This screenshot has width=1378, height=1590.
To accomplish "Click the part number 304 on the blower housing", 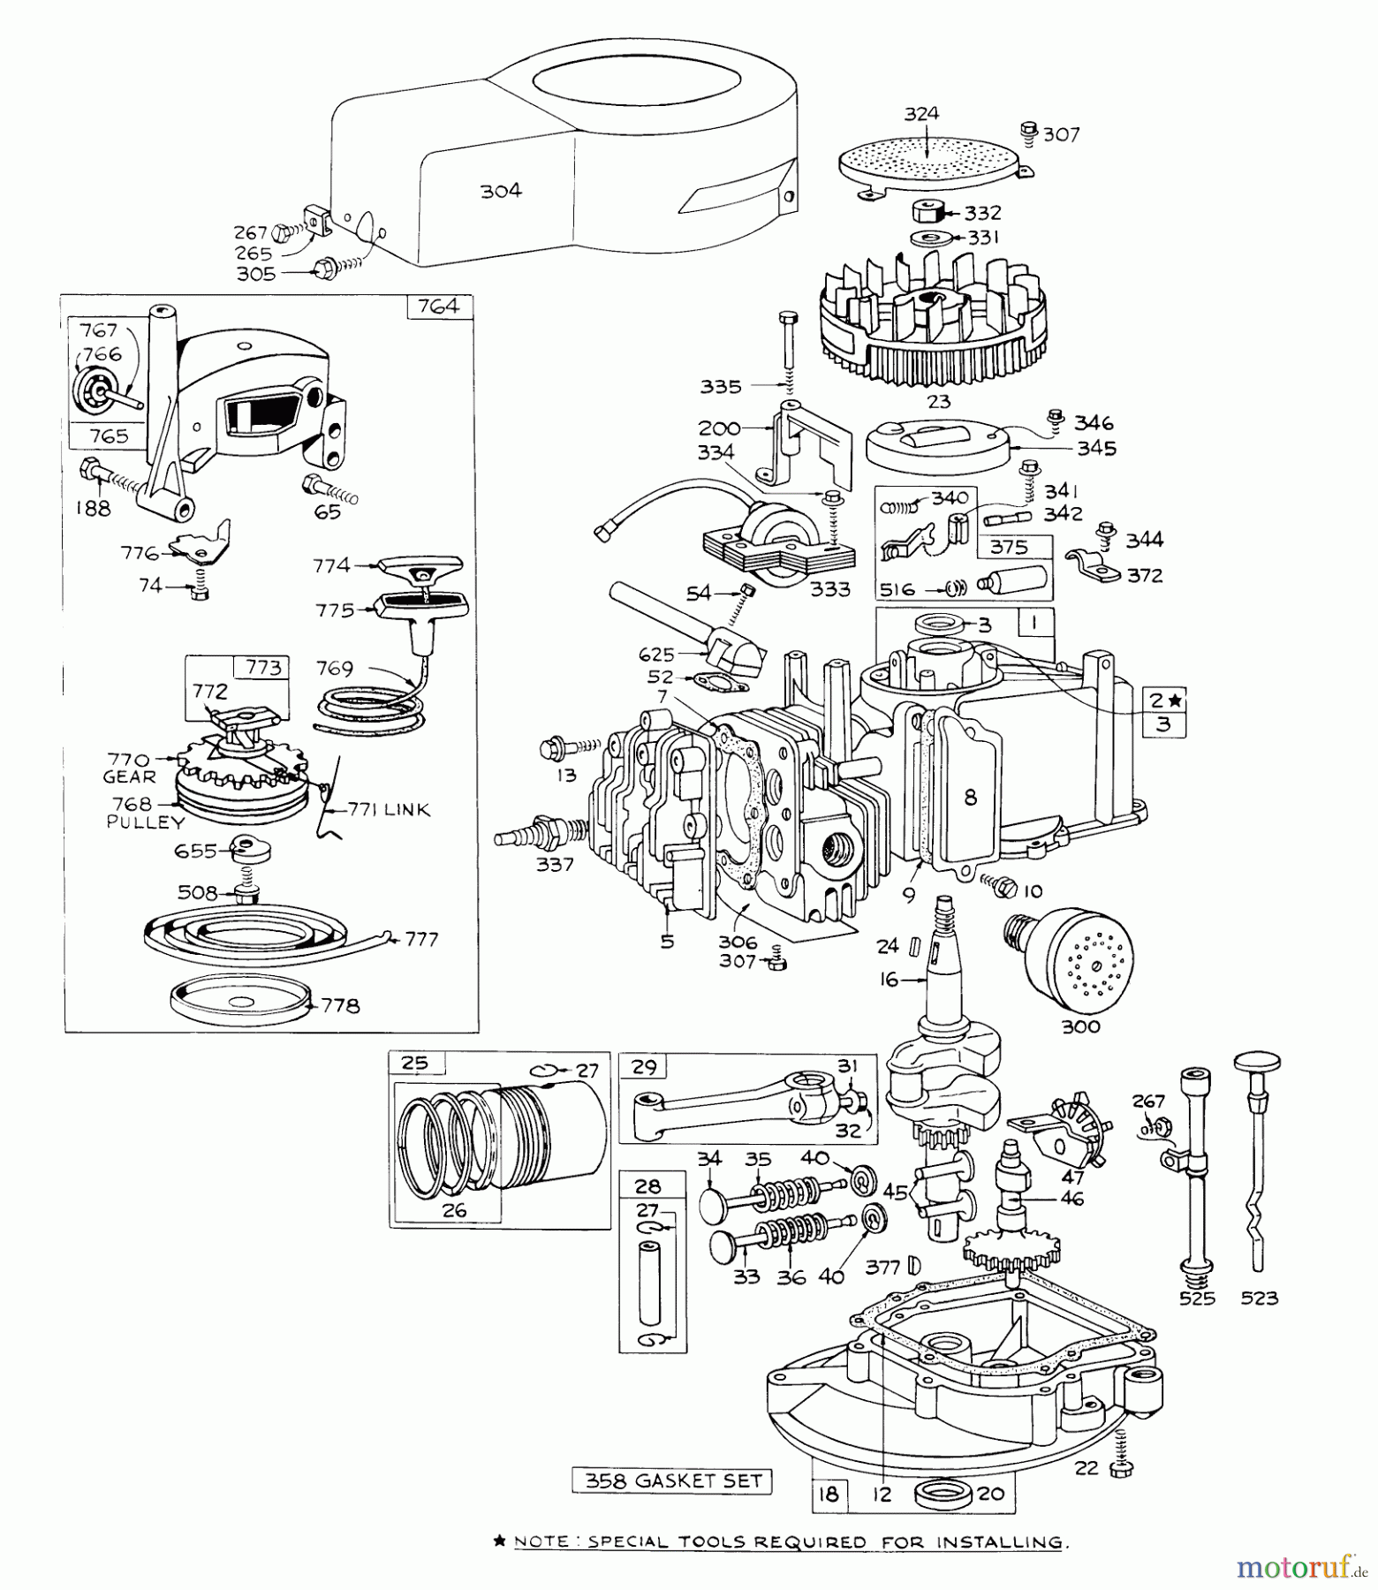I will pyautogui.click(x=501, y=191).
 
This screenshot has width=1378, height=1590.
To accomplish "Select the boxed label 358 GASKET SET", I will pyautogui.click(x=672, y=1480).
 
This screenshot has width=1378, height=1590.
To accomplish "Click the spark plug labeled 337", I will pyautogui.click(x=530, y=833).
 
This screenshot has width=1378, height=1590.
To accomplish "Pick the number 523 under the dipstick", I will pyautogui.click(x=1259, y=1298).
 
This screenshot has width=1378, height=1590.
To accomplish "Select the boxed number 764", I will pyautogui.click(x=439, y=307).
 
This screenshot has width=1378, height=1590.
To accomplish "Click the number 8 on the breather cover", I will pyautogui.click(x=971, y=798).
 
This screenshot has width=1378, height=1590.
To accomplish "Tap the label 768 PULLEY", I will pyautogui.click(x=145, y=813).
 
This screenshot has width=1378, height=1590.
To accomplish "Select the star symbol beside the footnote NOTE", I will pyautogui.click(x=499, y=1541).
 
